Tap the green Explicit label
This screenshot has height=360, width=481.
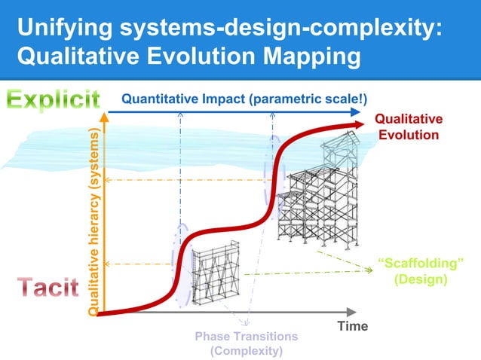tap(54, 99)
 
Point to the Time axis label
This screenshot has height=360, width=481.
tap(352, 326)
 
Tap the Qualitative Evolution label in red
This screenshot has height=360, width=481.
tap(408, 127)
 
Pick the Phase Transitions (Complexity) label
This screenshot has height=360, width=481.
tap(247, 343)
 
